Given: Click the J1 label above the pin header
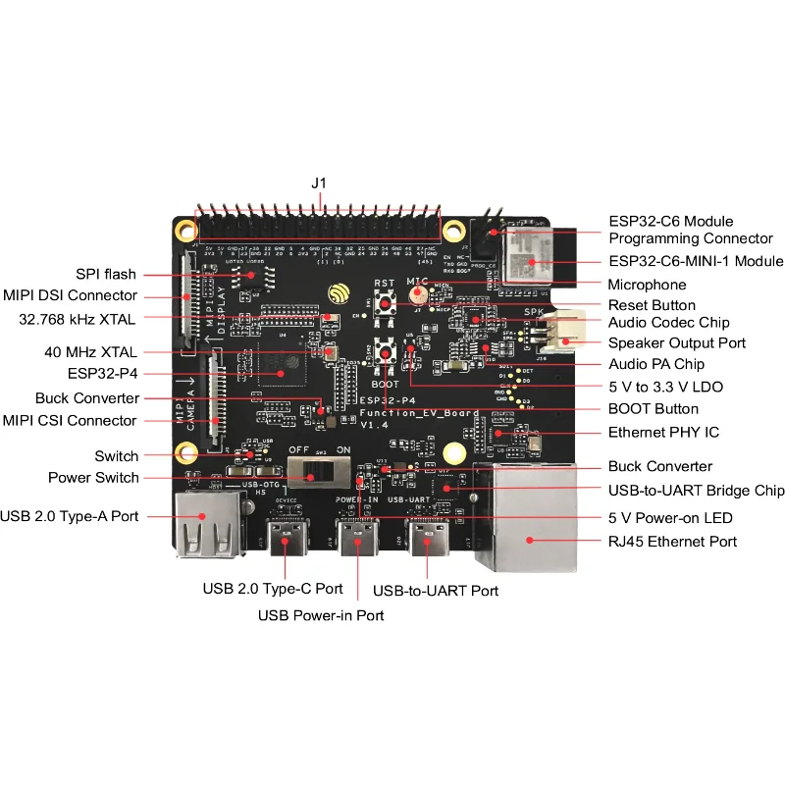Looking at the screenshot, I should (318, 183).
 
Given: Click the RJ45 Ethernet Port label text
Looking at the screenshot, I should (672, 541).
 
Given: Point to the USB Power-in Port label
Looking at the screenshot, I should (321, 615).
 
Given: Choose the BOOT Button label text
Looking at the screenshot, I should (653, 408).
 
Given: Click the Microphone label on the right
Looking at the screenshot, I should (648, 285).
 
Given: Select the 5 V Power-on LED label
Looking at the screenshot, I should (670, 517).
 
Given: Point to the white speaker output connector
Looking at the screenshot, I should (565, 332).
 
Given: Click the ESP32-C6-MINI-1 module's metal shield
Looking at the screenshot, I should (528, 250).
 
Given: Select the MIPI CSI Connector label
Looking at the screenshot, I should (70, 420).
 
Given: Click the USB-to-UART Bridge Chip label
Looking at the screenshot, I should (696, 490).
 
